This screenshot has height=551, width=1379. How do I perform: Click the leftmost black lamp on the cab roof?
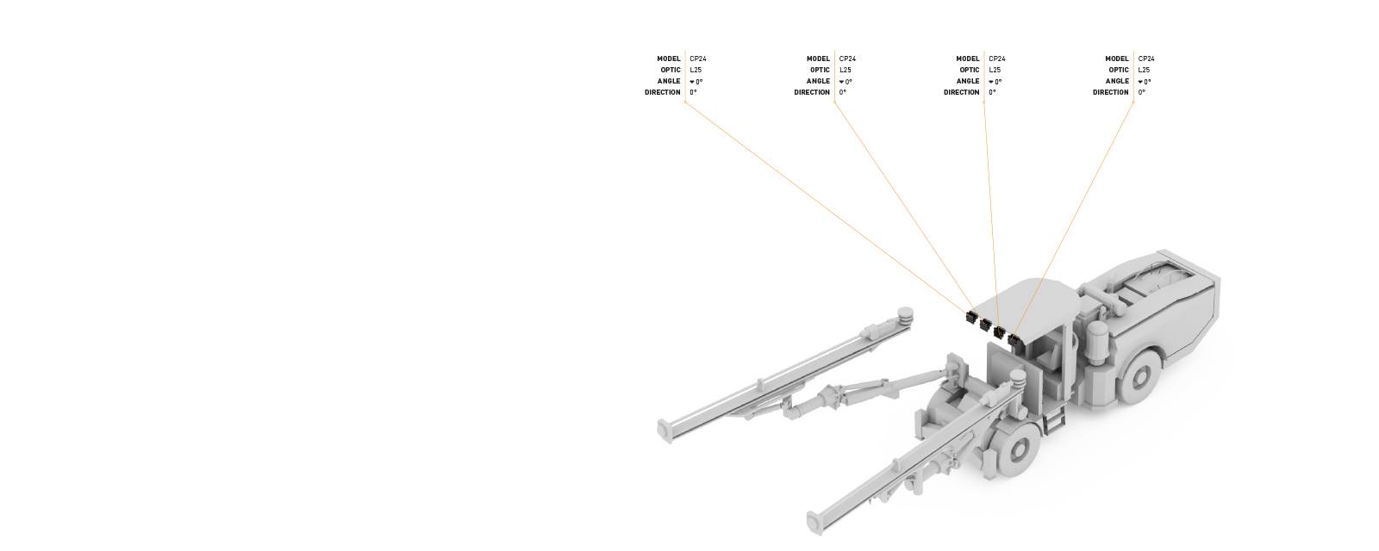click(x=971, y=317)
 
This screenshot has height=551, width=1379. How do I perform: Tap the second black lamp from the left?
click(x=985, y=324)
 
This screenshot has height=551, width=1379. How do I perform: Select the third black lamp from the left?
click(x=1000, y=331)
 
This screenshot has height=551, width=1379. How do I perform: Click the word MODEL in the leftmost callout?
click(x=669, y=59)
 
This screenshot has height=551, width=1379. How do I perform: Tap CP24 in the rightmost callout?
click(x=1145, y=59)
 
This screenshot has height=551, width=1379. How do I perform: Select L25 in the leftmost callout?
click(x=696, y=71)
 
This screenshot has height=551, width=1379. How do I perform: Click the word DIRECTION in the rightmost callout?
click(x=1111, y=93)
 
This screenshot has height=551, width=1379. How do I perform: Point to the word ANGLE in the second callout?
click(x=818, y=82)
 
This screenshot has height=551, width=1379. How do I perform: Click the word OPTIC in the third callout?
click(x=970, y=71)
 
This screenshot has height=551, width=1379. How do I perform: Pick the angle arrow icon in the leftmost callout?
click(x=692, y=82)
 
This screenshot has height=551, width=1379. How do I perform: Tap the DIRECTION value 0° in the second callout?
click(x=843, y=93)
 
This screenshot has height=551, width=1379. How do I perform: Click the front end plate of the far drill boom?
click(x=664, y=430)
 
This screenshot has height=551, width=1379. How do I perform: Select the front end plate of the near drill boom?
click(x=813, y=521)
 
